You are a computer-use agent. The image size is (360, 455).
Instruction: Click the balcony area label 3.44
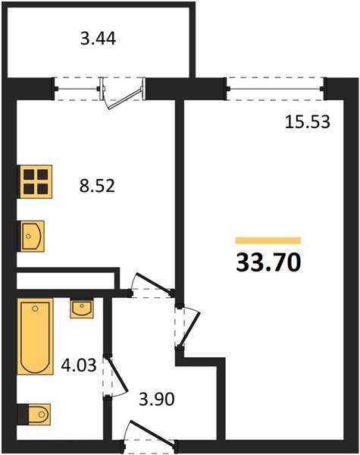point(98,39)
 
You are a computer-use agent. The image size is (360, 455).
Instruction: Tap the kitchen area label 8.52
point(98,186)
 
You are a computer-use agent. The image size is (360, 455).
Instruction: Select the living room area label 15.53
point(308,122)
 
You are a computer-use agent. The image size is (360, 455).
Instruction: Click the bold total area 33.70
point(268,263)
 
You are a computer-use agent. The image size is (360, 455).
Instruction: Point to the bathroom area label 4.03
point(79,365)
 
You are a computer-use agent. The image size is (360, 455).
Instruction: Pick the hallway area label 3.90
point(157,399)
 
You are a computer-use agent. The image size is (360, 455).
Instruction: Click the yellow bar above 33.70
point(268,240)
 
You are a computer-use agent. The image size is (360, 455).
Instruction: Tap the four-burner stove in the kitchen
point(36,182)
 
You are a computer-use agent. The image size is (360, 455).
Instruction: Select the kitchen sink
point(32,236)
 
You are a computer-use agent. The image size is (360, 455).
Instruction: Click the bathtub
point(35,336)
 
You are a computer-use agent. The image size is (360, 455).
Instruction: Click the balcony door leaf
point(125,99)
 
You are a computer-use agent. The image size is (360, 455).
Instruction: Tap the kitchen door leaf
point(153,283)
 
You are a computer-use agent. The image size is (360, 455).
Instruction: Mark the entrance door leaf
point(152,431)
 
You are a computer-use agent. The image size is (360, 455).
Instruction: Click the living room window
point(276,89)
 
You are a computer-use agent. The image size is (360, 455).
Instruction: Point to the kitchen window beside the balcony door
point(77,89)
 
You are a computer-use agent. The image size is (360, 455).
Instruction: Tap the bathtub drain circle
point(36,309)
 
